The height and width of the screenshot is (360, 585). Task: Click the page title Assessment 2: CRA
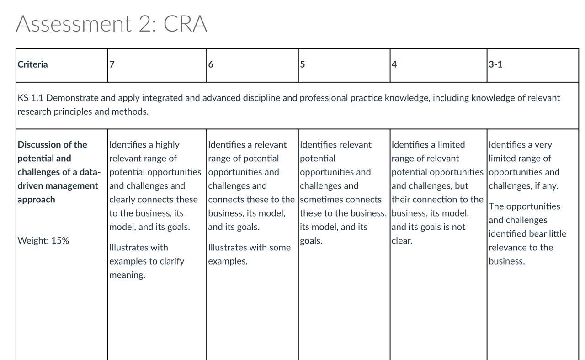point(112,24)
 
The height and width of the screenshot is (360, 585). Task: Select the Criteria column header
point(32,64)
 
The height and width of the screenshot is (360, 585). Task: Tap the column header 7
point(112,64)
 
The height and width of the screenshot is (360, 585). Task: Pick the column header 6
point(211,64)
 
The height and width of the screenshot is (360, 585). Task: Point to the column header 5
point(303,64)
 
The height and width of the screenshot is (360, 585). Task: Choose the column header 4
point(394,64)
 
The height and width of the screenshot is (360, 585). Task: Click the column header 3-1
point(495,64)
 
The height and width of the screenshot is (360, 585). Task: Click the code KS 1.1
point(31,98)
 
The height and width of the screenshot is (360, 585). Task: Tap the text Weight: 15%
point(43,241)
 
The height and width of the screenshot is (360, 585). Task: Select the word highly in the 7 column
point(167,145)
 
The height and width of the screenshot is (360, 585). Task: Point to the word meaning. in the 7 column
point(127,275)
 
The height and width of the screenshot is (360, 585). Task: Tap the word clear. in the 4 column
point(402,241)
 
